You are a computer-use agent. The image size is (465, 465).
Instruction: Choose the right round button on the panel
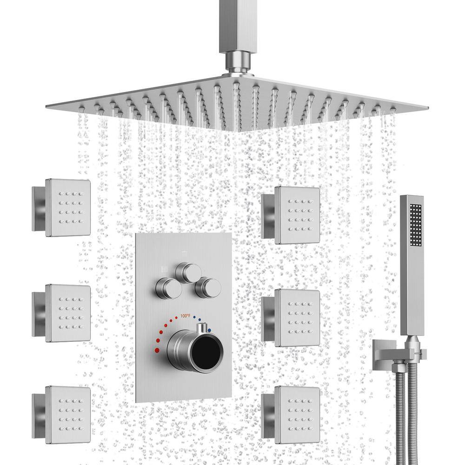pyautogui.click(x=207, y=288)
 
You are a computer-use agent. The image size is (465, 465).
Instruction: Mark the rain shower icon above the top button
pyautogui.click(x=185, y=254)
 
